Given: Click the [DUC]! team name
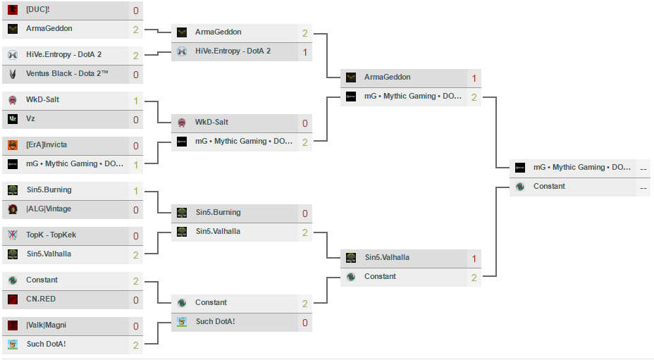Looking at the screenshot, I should (37, 10).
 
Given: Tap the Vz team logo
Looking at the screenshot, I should (13, 119).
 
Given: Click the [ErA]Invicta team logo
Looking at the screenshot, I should (13, 145).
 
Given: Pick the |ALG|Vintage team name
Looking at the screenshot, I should (49, 209).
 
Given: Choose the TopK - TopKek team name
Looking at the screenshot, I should (51, 235).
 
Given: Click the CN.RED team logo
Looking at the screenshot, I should (13, 299).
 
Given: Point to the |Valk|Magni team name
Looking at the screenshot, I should (47, 325).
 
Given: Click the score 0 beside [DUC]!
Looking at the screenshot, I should (135, 11).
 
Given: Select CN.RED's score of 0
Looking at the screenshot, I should (135, 300).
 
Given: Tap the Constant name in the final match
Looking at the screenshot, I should (549, 187).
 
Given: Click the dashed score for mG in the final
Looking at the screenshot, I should (643, 168).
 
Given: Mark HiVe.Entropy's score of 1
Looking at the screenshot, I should (304, 52).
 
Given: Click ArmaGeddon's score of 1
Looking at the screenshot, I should (474, 78).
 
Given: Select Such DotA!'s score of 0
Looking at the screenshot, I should (304, 323).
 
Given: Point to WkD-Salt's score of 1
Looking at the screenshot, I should (135, 100).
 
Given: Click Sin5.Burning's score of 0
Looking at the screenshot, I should (304, 213).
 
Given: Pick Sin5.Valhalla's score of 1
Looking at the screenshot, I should (474, 259).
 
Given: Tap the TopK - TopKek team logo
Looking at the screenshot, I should (13, 235).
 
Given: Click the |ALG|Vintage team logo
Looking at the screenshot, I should (13, 209).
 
